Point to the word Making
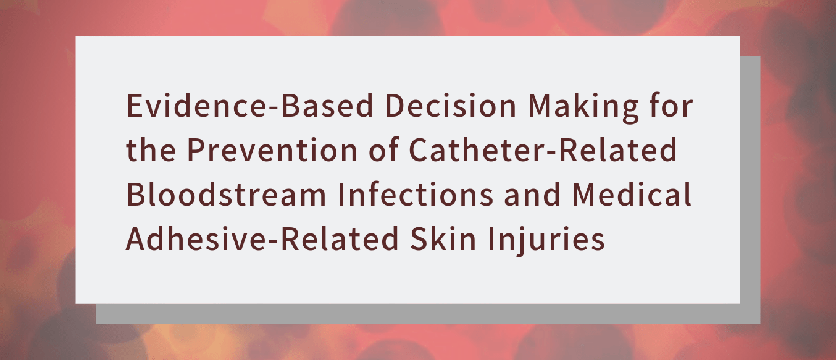pyautogui.click(x=583, y=107)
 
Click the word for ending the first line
pyautogui.click(x=671, y=106)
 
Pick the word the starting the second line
pyautogui.click(x=151, y=149)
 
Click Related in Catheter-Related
pyautogui.click(x=617, y=149)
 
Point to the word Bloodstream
pyautogui.click(x=226, y=194)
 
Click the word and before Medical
pyautogui.click(x=532, y=194)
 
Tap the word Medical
pyautogui.click(x=632, y=194)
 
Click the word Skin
pyautogui.click(x=443, y=238)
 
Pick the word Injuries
pyautogui.click(x=546, y=241)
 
